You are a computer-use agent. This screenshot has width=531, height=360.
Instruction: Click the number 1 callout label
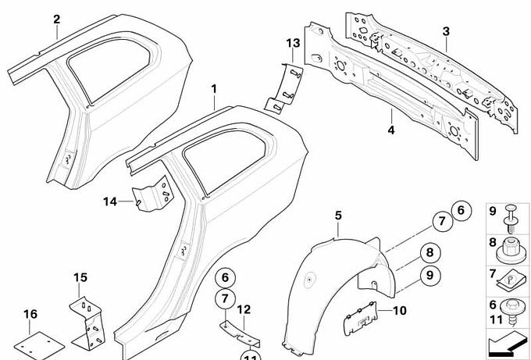point(213,91)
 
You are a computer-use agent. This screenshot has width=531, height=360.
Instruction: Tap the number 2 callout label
point(56,18)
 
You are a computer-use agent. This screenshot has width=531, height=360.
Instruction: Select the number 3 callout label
point(446,31)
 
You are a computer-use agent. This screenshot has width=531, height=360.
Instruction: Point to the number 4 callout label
point(390,128)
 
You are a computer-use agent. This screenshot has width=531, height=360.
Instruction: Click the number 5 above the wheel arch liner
point(338,216)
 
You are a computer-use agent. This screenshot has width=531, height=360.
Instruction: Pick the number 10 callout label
point(400,310)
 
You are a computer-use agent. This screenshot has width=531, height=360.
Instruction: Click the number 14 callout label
point(109,201)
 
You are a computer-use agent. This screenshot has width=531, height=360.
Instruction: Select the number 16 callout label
point(30,315)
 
